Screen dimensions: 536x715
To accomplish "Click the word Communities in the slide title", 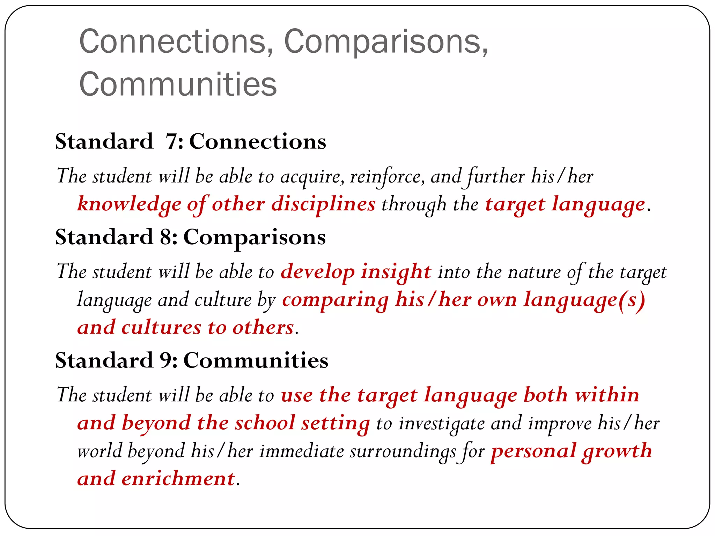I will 178,84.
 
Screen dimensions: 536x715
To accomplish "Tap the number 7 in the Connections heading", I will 172,142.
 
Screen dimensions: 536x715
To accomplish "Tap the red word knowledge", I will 129,204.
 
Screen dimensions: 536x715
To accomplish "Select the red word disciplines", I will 323,204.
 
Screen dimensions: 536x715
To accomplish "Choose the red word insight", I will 396,272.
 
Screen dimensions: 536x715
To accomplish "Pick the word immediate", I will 302,451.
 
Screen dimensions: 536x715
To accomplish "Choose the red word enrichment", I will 178,479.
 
